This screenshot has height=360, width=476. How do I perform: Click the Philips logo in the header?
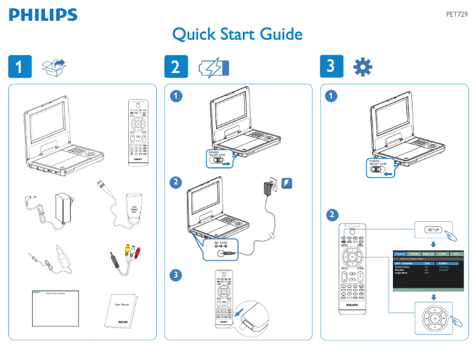coord(43,15)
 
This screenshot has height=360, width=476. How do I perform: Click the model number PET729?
coord(457,15)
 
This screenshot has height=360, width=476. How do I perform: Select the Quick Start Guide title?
coord(237,35)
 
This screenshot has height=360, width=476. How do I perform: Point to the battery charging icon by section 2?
coord(213,68)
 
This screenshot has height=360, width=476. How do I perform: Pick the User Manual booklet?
coord(123,310)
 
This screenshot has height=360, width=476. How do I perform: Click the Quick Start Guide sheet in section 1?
coord(55,308)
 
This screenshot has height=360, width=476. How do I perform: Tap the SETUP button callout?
coord(434,230)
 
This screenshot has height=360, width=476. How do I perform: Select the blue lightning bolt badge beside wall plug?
coord(287,184)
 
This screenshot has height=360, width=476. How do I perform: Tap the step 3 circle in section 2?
coord(175,275)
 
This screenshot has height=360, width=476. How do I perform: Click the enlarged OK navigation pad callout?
coord(434,317)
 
